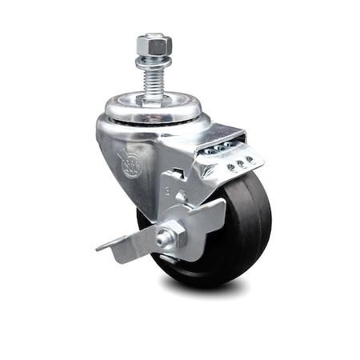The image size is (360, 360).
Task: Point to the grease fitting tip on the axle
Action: (162, 237)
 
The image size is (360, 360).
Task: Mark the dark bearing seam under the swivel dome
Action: (152, 121)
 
